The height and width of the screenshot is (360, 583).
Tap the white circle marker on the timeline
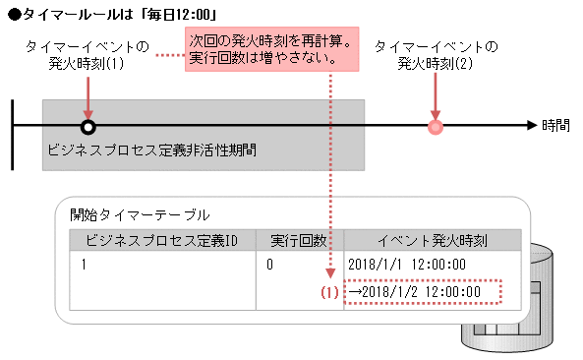88,126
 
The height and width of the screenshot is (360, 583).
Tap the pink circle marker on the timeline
436,126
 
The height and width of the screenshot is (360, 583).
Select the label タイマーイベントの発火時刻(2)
436,56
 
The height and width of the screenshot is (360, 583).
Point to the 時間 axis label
554,126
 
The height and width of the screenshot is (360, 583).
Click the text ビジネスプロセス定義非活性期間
150,150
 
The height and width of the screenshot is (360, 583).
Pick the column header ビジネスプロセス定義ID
163,239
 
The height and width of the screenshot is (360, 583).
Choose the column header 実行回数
299,239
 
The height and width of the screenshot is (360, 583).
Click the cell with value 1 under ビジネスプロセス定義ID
86,264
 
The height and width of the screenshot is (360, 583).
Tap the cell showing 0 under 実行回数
271,264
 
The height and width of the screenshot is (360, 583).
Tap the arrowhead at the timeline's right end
532,126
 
